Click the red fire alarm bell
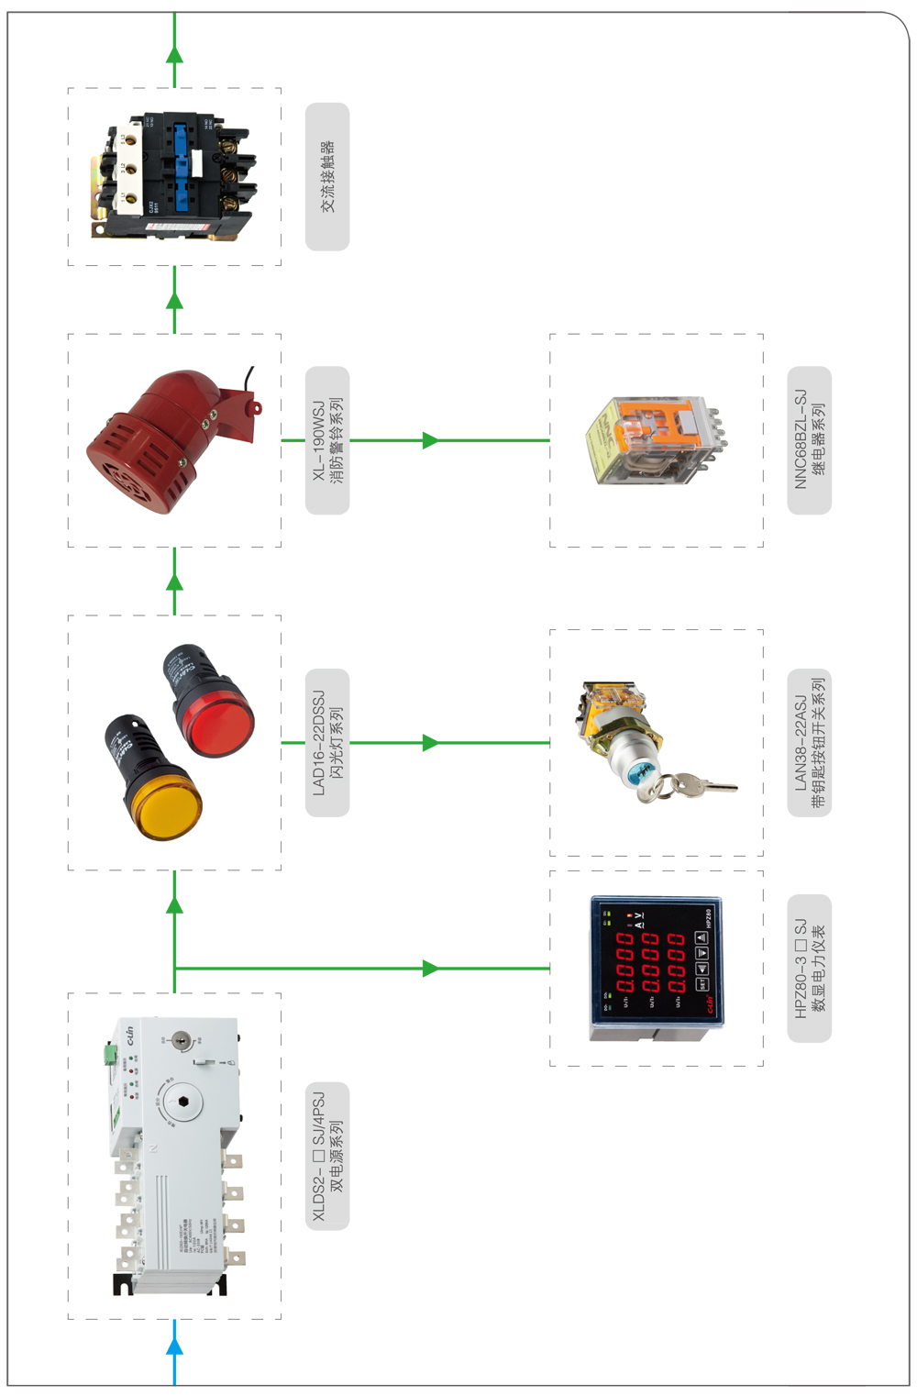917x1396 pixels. pyautogui.click(x=165, y=440)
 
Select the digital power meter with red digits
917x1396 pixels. pyautogui.click(x=656, y=969)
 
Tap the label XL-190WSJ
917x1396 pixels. pyautogui.click(x=327, y=440)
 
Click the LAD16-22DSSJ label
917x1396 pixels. pyautogui.click(x=327, y=743)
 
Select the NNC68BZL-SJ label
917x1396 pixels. pyautogui.click(x=809, y=440)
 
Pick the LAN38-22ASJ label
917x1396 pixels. pyautogui.click(x=809, y=743)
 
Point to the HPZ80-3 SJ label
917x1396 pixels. pyautogui.click(x=809, y=969)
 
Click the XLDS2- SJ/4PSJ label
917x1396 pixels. pyautogui.click(x=327, y=1156)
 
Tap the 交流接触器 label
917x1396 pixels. pyautogui.click(x=327, y=177)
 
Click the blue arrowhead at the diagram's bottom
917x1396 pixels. pyautogui.click(x=174, y=1346)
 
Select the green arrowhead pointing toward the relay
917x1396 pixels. pyautogui.click(x=430, y=440)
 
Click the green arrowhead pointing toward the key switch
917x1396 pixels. pyautogui.click(x=430, y=743)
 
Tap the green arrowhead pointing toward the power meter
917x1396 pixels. pyautogui.click(x=430, y=969)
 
